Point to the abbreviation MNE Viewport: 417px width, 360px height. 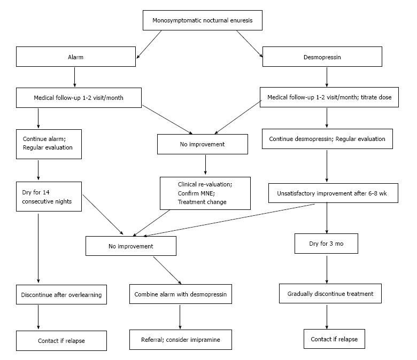tap(208, 193)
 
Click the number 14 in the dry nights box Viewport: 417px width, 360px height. tap(46, 192)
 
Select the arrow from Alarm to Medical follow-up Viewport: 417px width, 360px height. tap(74, 77)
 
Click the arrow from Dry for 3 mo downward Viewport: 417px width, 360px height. tap(327, 269)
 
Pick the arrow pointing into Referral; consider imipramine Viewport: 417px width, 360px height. tap(180, 317)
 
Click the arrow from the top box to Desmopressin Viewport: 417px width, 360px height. tap(250, 44)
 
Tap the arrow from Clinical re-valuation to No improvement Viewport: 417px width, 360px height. tap(151, 223)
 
